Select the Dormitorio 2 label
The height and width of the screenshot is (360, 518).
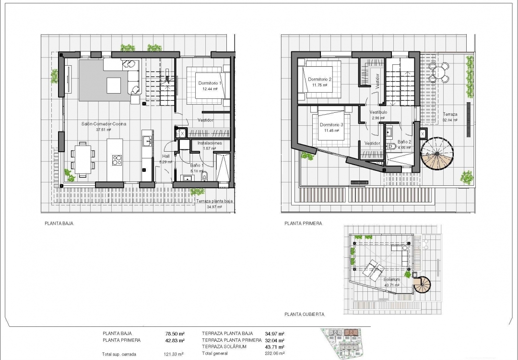(x=319, y=79)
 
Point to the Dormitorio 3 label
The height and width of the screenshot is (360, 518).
(x=331, y=125)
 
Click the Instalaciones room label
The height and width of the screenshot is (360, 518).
(x=210, y=143)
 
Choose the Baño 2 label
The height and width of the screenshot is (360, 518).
(x=404, y=142)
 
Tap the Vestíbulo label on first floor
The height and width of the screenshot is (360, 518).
(x=378, y=112)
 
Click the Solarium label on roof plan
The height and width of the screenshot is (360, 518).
(x=391, y=279)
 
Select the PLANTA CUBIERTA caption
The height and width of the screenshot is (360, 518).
(x=304, y=314)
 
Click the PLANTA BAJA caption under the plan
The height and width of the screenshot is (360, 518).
(x=59, y=223)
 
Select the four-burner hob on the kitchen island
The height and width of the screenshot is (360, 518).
(x=117, y=160)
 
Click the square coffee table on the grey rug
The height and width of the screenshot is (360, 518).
(x=114, y=85)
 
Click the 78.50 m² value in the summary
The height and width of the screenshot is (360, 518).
(x=175, y=333)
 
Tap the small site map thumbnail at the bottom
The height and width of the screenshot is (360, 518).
(x=345, y=343)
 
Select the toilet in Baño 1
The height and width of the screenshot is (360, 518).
(x=205, y=177)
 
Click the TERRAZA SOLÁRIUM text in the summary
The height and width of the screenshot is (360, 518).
(x=224, y=347)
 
